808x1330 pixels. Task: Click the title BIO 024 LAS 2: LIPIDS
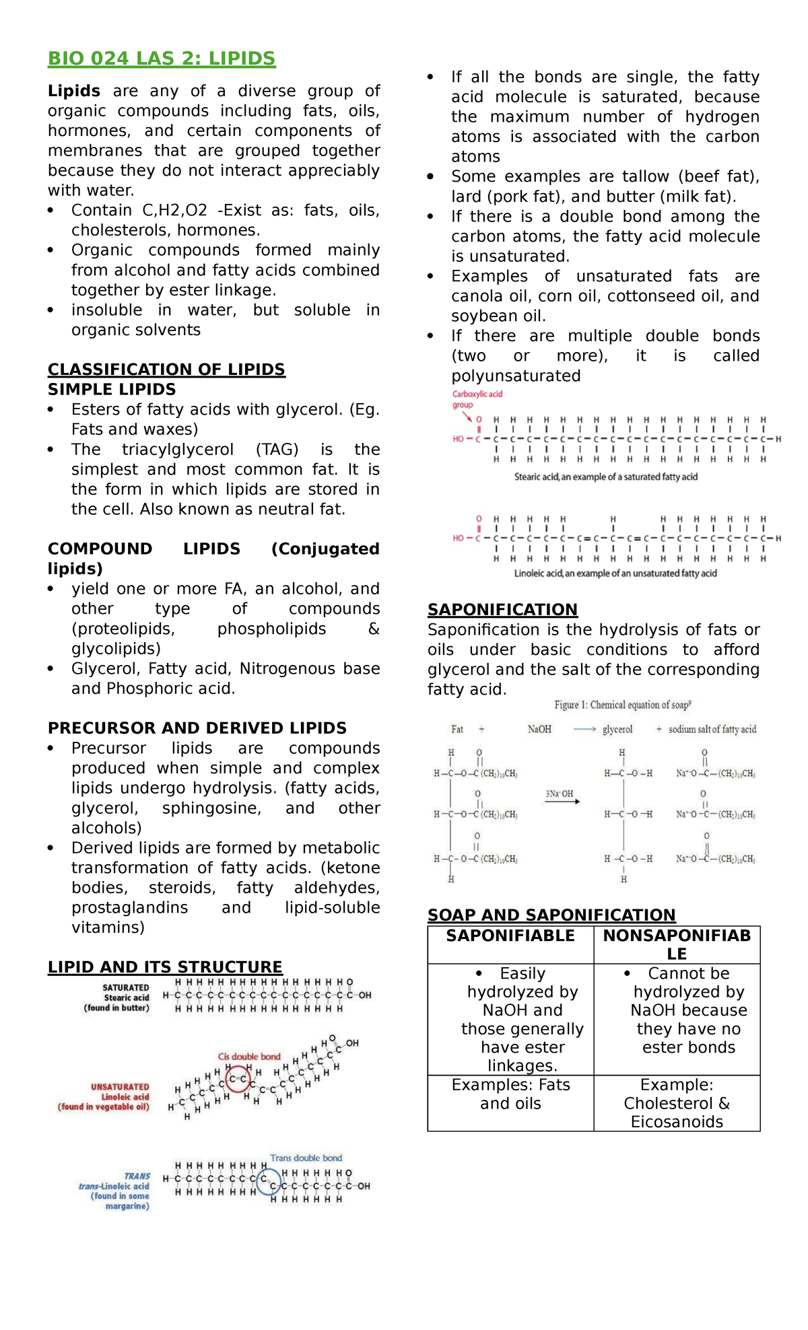[x=161, y=59]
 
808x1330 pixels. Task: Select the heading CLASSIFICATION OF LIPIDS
[x=166, y=370]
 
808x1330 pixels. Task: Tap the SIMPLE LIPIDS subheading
[x=112, y=390]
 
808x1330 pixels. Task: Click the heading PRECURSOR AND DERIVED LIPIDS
[x=197, y=728]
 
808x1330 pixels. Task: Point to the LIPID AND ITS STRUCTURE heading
[x=165, y=967]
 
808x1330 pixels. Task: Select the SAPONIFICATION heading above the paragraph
[x=502, y=610]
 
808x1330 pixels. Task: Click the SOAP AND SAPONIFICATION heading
[x=551, y=915]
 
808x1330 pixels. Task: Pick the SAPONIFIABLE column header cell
[x=510, y=936]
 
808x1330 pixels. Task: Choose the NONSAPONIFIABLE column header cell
[x=677, y=944]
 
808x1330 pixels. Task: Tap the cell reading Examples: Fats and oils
[x=510, y=1094]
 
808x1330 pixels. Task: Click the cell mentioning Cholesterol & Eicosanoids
[x=677, y=1103]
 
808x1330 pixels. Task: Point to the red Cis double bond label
[x=249, y=1057]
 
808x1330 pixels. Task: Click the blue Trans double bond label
[x=306, y=1158]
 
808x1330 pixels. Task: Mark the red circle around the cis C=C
[x=238, y=1079]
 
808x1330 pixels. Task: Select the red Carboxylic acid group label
[x=477, y=399]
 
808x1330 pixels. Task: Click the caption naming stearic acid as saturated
[x=605, y=477]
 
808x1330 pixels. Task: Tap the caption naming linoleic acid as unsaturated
[x=615, y=573]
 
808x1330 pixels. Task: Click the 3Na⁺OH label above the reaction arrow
[x=560, y=794]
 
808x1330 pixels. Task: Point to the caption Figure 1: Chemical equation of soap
[x=622, y=705]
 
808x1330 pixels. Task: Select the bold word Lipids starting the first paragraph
[x=74, y=92]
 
